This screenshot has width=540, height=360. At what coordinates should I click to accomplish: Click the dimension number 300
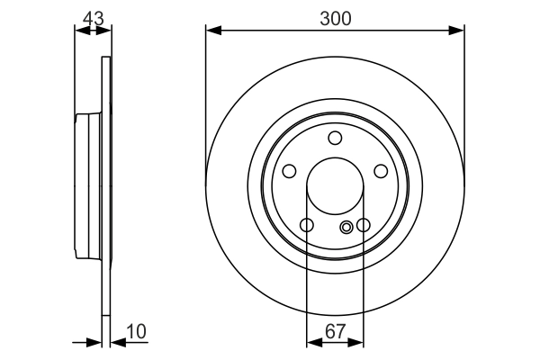(x=335, y=18)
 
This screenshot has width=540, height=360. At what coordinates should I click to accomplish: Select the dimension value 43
(x=92, y=17)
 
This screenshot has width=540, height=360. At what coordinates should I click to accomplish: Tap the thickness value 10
(x=136, y=332)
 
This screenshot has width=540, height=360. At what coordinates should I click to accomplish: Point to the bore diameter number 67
(x=335, y=332)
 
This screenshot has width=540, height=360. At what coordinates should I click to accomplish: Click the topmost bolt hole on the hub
(x=335, y=138)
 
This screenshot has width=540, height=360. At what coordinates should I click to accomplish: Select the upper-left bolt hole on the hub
(x=289, y=171)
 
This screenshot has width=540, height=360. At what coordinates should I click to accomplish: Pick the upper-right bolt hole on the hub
(x=381, y=171)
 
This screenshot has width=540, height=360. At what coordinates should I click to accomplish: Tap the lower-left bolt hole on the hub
(x=306, y=225)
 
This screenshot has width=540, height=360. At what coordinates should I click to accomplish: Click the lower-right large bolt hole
(x=364, y=225)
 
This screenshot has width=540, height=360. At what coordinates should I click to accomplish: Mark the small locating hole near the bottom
(x=346, y=228)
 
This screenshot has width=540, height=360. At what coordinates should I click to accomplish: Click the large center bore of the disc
(x=335, y=187)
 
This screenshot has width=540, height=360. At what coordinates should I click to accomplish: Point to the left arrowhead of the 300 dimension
(x=212, y=31)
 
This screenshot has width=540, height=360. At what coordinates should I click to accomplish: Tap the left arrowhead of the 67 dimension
(x=312, y=342)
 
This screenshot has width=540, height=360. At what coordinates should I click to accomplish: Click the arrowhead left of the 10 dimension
(x=94, y=342)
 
